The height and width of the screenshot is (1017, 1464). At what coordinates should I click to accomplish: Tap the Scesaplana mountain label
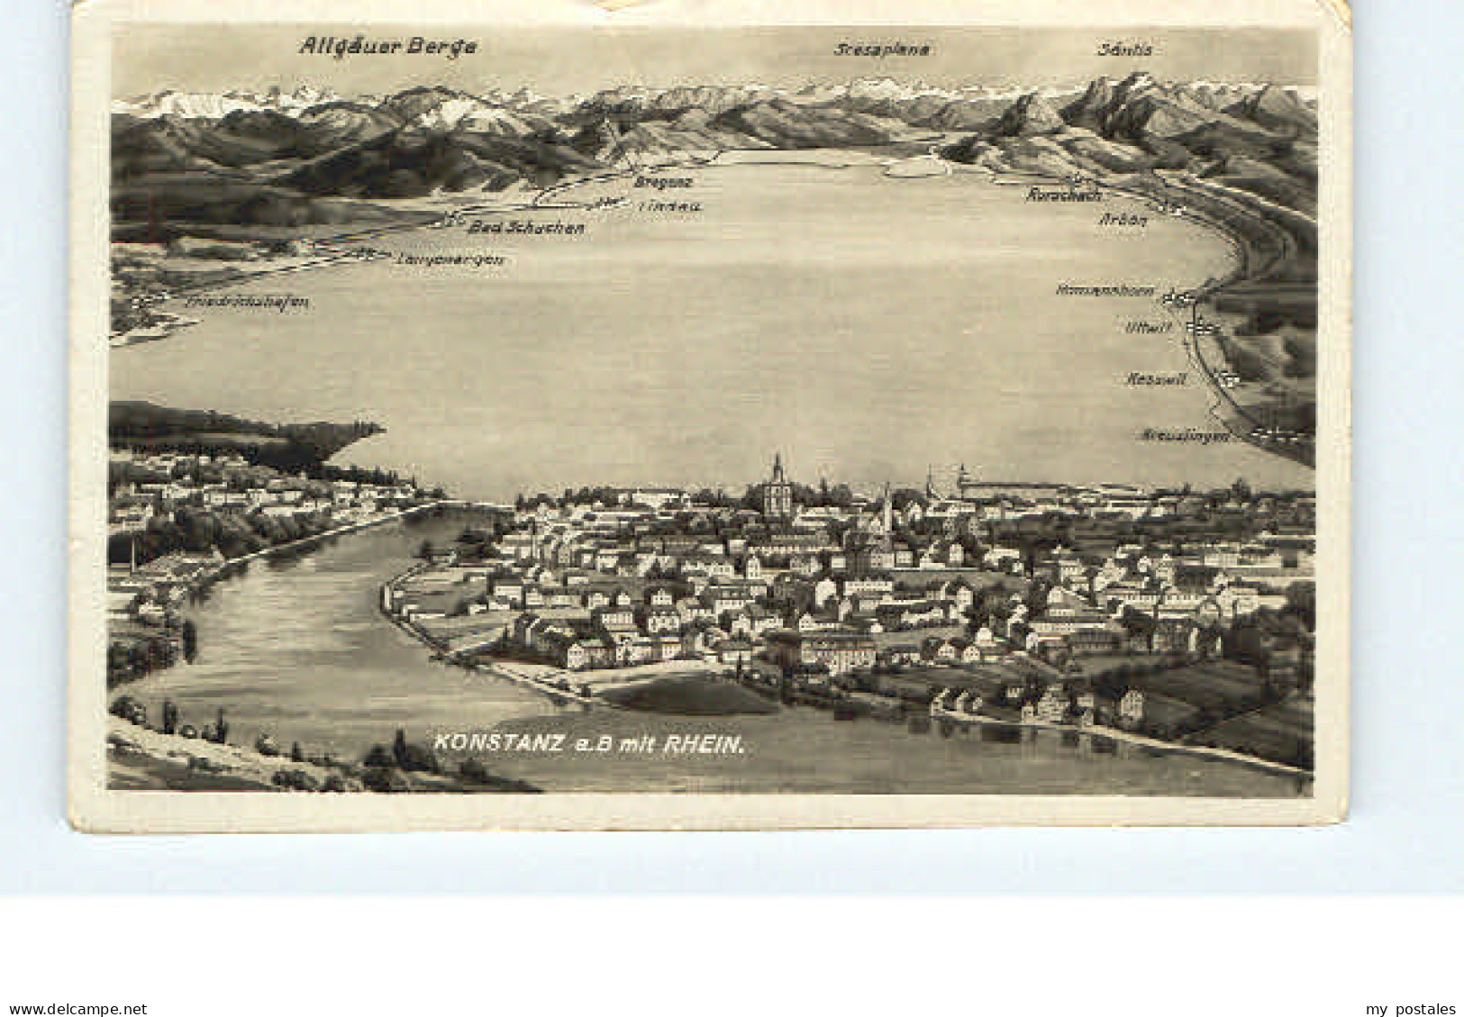tap(880, 50)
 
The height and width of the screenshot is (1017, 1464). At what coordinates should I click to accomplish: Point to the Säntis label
tap(1123, 50)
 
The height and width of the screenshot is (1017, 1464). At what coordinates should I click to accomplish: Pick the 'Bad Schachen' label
tap(527, 228)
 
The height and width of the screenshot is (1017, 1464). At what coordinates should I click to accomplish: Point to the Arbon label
tap(1122, 219)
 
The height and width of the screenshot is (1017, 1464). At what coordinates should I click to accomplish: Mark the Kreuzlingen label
tap(1187, 435)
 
